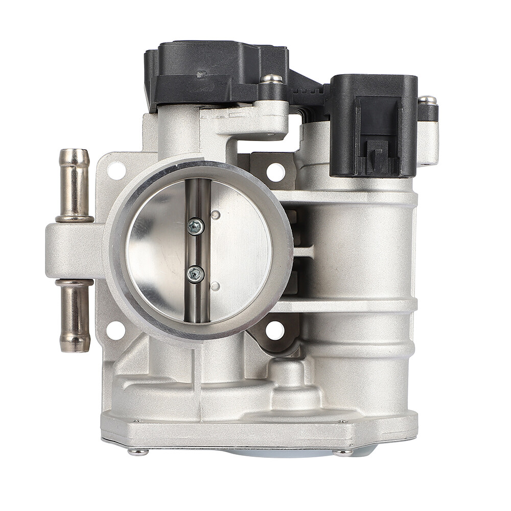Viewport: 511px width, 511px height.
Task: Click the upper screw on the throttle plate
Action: pyautogui.click(x=196, y=226)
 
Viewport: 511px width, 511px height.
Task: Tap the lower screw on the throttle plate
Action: pyautogui.click(x=196, y=274)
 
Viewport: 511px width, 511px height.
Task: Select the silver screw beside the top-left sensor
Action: pyautogui.click(x=272, y=79)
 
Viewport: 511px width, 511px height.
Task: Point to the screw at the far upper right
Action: pyautogui.click(x=428, y=100)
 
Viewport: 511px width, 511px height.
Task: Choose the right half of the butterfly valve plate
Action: pyautogui.click(x=240, y=250)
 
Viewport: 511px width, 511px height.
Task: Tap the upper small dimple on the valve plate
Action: pyautogui.click(x=215, y=215)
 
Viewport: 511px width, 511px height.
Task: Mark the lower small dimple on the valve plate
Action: pyautogui.click(x=215, y=286)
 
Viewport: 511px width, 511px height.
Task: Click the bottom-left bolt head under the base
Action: pyautogui.click(x=138, y=452)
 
